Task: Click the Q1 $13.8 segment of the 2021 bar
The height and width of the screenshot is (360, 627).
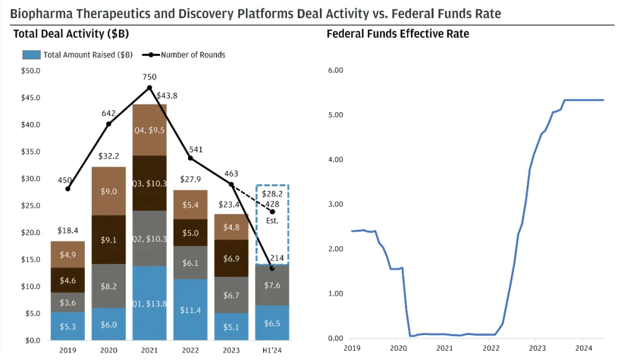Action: pyautogui.click(x=149, y=303)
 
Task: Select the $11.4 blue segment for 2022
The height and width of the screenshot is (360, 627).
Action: pyautogui.click(x=190, y=309)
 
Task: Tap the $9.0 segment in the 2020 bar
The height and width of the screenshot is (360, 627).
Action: pyautogui.click(x=109, y=191)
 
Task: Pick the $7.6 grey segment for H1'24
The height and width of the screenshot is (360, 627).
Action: pyautogui.click(x=272, y=285)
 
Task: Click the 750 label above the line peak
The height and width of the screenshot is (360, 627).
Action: pyautogui.click(x=149, y=77)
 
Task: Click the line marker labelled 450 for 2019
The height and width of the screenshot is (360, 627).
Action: pyautogui.click(x=68, y=189)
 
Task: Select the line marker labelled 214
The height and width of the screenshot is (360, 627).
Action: pyautogui.click(x=272, y=268)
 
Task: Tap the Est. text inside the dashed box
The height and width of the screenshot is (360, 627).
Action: pyautogui.click(x=272, y=221)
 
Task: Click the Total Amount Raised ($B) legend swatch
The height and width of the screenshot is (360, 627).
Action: pyautogui.click(x=31, y=55)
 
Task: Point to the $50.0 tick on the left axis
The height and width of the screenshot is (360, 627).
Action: pyautogui.click(x=30, y=71)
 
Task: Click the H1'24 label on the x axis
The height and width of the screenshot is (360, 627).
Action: pyautogui.click(x=272, y=350)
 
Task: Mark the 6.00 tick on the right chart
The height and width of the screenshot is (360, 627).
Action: pyautogui.click(x=335, y=70)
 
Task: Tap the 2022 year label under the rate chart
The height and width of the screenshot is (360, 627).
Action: pyautogui.click(x=491, y=348)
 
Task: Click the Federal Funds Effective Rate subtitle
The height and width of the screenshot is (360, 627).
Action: pyautogui.click(x=398, y=34)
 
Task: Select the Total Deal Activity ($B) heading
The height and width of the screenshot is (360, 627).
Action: pyautogui.click(x=71, y=34)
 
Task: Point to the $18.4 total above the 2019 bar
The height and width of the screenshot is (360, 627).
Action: pyautogui.click(x=68, y=232)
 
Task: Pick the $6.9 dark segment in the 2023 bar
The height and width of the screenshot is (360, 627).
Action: pyautogui.click(x=231, y=258)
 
